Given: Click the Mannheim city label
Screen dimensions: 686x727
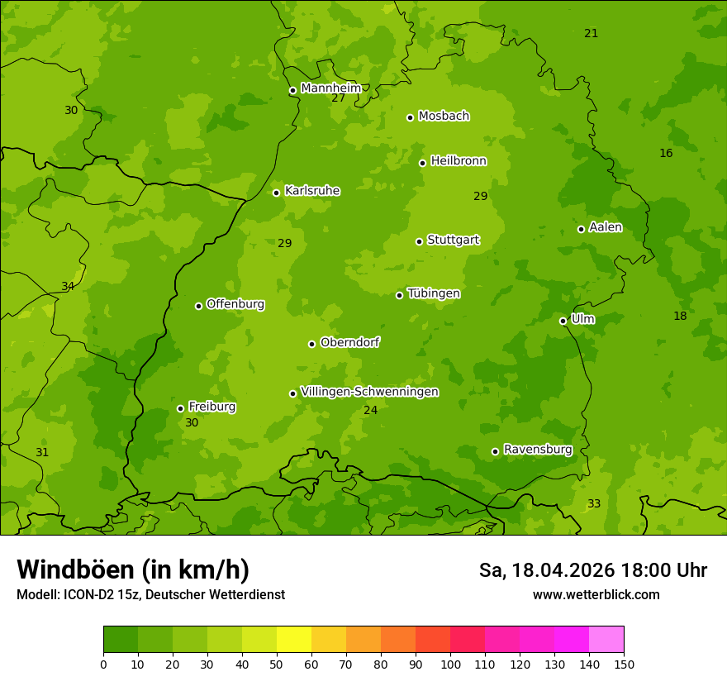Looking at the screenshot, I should click(x=330, y=88).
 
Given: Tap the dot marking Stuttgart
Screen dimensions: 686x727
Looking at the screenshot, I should click(x=419, y=241).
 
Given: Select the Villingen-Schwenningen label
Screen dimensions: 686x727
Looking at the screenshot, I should click(x=369, y=392).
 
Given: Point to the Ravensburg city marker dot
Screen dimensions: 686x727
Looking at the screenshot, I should click(x=495, y=451).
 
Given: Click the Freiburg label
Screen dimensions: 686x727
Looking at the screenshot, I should click(x=211, y=407).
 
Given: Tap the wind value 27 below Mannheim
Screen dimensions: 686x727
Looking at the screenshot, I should click(x=338, y=98).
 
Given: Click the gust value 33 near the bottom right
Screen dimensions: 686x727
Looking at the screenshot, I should click(x=594, y=503).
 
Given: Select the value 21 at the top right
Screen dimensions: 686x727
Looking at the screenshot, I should click(x=591, y=33).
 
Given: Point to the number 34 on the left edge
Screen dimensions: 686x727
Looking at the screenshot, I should click(x=68, y=287).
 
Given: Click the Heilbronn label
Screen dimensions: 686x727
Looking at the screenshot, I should click(x=459, y=161).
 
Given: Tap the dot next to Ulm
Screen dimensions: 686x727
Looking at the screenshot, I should click(x=563, y=321).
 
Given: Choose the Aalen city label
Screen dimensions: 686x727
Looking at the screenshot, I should click(x=606, y=227).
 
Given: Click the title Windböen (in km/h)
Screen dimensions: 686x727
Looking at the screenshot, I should click(x=132, y=569).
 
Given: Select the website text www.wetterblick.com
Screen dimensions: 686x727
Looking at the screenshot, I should click(x=596, y=594).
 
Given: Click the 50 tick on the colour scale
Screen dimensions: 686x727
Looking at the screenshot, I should click(x=277, y=664).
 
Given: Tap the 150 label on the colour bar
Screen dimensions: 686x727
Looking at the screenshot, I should click(x=624, y=664).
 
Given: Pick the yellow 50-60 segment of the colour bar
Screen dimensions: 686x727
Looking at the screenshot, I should click(x=294, y=639).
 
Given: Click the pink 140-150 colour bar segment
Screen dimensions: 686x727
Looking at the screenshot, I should click(x=606, y=639).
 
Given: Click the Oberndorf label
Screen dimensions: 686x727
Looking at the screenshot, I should click(x=349, y=342).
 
